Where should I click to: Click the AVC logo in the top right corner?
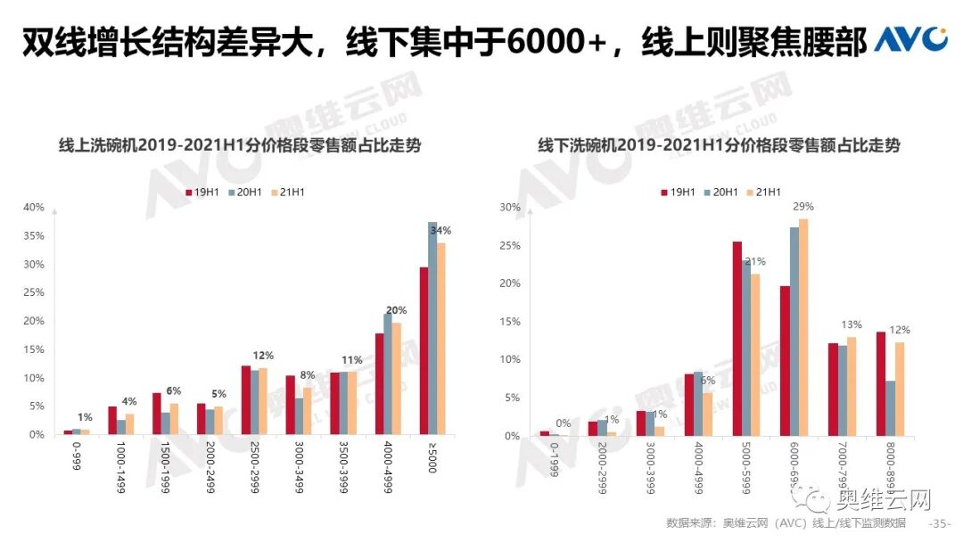point(910,40)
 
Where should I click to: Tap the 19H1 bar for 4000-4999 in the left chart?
point(380,383)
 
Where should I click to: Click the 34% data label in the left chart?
point(440,231)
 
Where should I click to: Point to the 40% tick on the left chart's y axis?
point(34,208)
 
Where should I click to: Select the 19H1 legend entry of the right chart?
point(678,192)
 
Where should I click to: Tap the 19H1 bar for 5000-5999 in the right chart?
point(737,339)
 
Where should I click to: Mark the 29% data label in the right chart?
point(804,207)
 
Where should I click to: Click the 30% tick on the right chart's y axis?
point(509,208)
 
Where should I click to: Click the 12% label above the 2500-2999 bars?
point(263,356)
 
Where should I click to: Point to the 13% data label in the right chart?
point(852,324)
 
